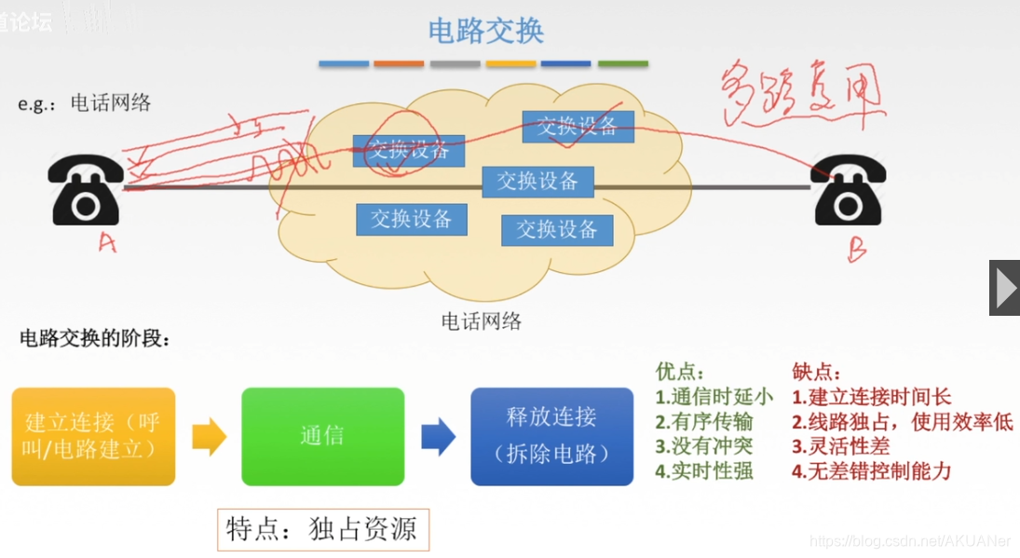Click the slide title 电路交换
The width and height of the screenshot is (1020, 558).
[x=485, y=31]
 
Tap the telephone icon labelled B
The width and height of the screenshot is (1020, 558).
[x=850, y=190]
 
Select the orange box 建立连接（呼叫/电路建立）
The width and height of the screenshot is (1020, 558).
[x=93, y=436]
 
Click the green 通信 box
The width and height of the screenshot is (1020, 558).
[x=322, y=436]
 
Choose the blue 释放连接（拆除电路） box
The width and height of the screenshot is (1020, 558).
[x=551, y=436]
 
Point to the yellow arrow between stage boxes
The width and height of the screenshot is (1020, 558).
[x=209, y=436]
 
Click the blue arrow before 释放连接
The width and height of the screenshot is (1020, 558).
[x=438, y=436]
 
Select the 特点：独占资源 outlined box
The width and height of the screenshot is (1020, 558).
[x=322, y=529]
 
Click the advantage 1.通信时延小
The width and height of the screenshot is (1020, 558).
[x=714, y=397]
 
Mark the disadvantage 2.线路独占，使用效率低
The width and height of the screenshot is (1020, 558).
[x=902, y=422]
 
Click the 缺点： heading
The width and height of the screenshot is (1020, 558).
[x=817, y=372]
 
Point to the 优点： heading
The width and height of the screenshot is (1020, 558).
[x=681, y=372]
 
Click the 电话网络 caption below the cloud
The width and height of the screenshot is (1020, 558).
[x=481, y=322]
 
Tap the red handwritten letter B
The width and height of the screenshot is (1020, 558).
[x=857, y=250]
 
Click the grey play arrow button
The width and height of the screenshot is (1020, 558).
[x=1004, y=288]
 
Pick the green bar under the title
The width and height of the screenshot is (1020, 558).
[x=622, y=64]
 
